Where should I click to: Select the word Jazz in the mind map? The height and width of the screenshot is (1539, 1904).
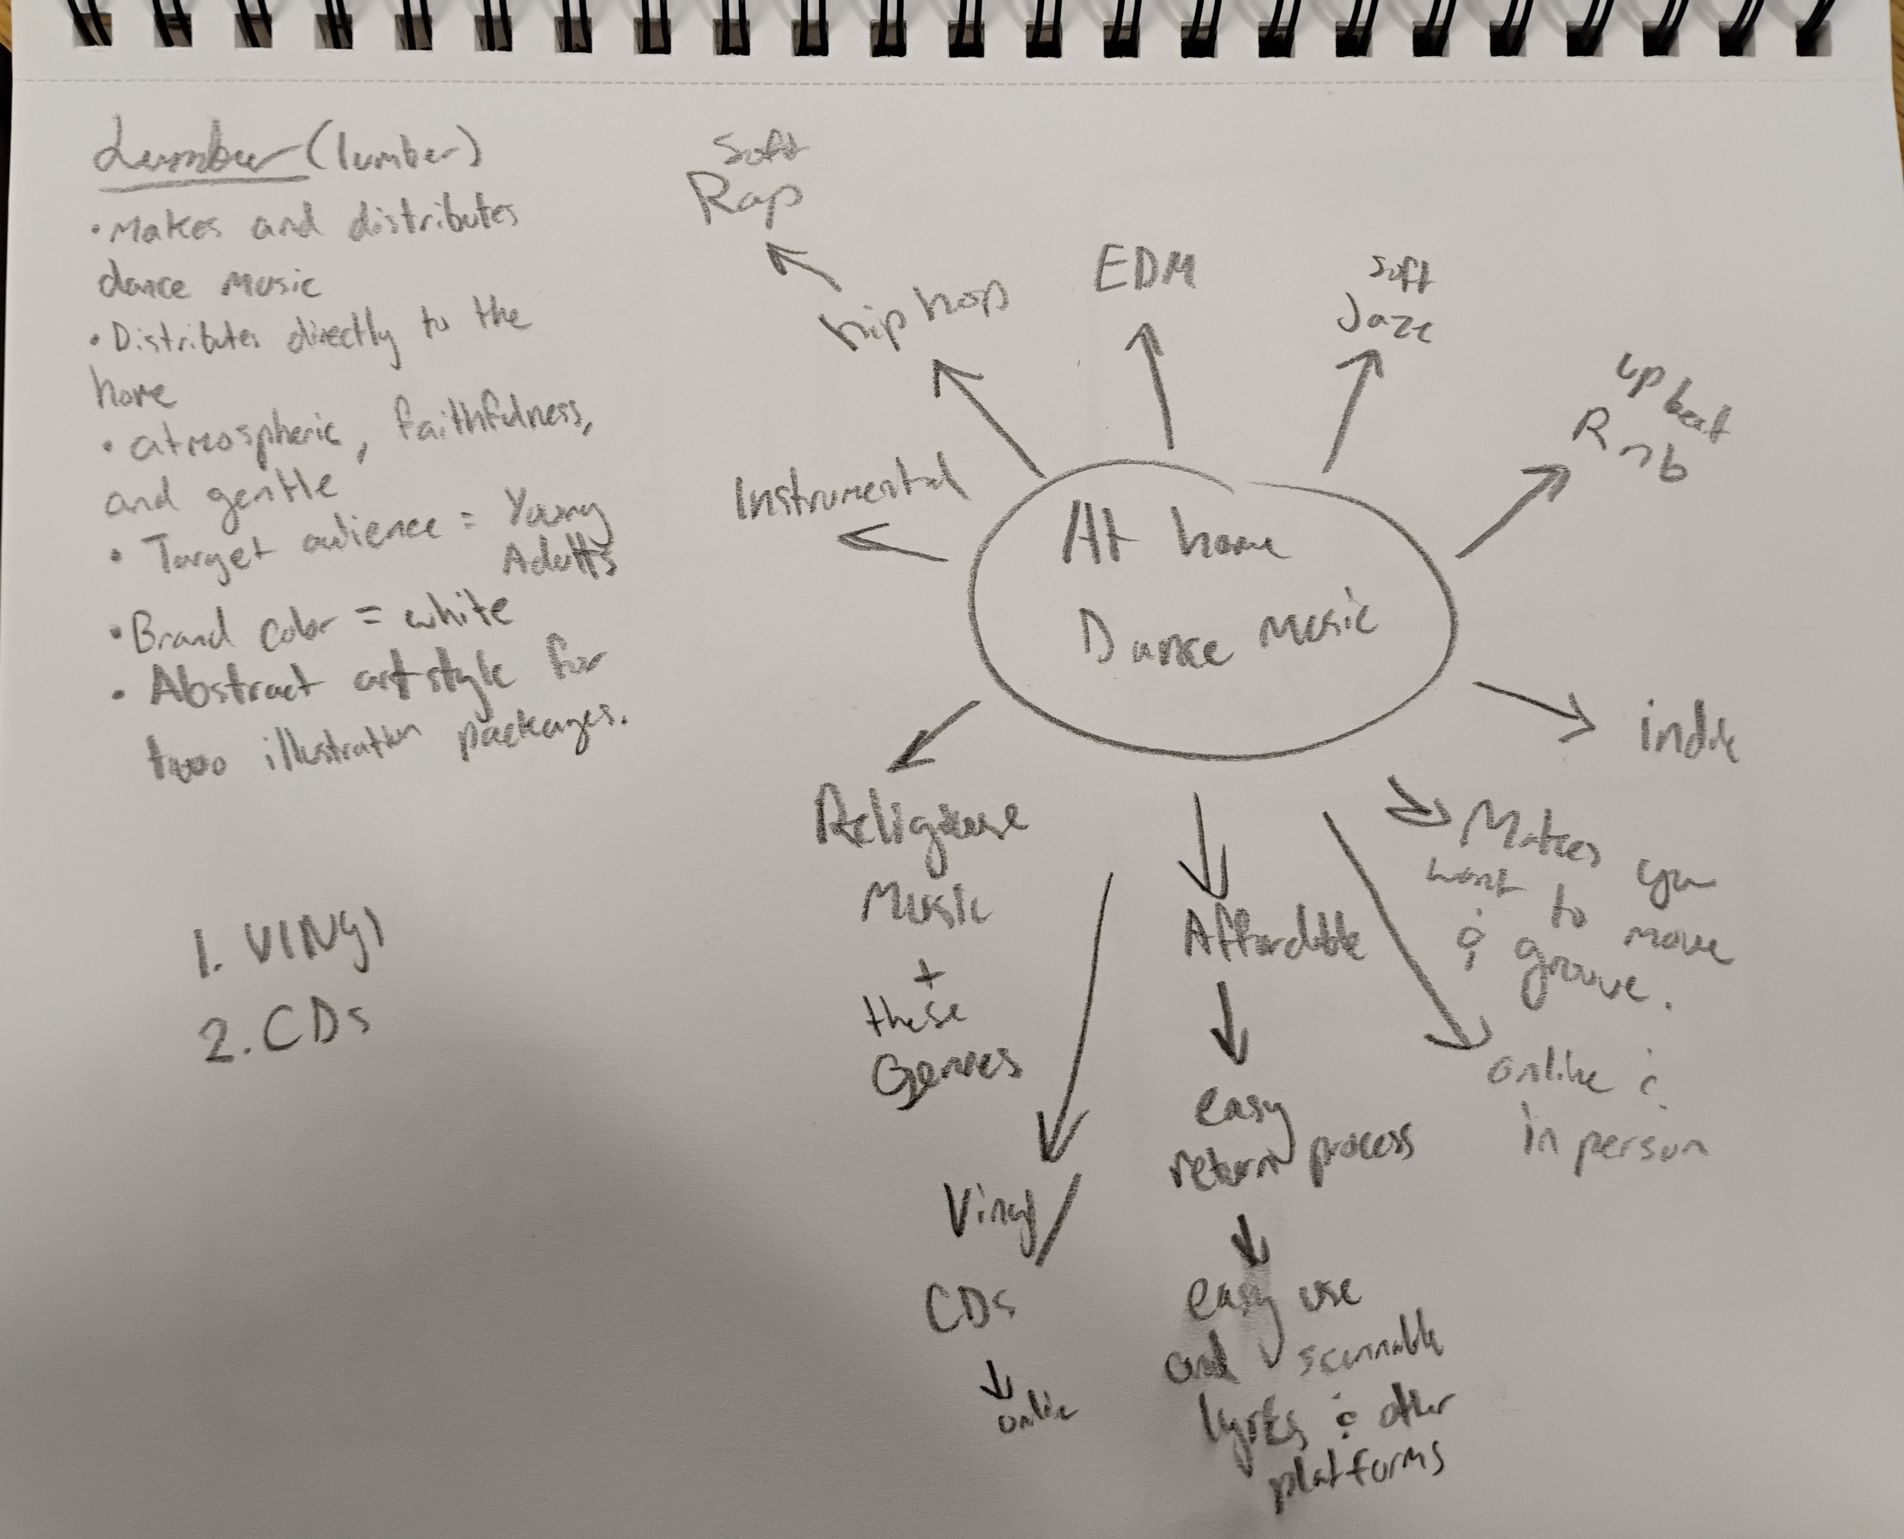(1383, 325)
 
